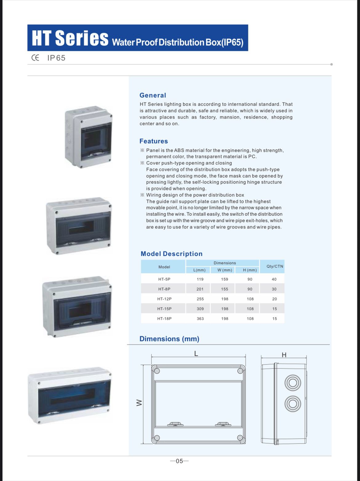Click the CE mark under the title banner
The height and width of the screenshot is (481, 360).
coord(35,58)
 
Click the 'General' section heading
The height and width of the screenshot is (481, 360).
coord(153,95)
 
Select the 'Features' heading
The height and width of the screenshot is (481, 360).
coord(154,141)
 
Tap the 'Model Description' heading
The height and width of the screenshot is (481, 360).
coord(171,254)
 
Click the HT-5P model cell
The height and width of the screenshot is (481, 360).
coord(164,279)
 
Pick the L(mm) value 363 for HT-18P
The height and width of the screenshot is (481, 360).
coord(200,319)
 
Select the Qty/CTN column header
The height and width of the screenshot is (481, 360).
coord(274,266)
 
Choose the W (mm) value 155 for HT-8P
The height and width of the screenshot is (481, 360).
coord(225,289)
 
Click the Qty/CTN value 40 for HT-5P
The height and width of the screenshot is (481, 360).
coord(274,279)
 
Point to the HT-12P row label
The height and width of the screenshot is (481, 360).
coord(164,299)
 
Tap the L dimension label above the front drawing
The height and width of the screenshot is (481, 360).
coord(196,354)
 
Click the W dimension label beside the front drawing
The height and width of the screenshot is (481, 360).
coord(139,403)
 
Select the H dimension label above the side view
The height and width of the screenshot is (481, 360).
coord(284,355)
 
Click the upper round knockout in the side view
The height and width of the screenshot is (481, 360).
coord(291,383)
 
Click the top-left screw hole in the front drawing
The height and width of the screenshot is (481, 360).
coord(157,371)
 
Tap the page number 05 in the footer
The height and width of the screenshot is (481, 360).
coord(179,461)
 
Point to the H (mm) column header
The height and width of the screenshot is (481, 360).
coord(250,270)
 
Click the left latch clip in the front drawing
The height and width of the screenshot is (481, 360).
coord(174,424)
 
